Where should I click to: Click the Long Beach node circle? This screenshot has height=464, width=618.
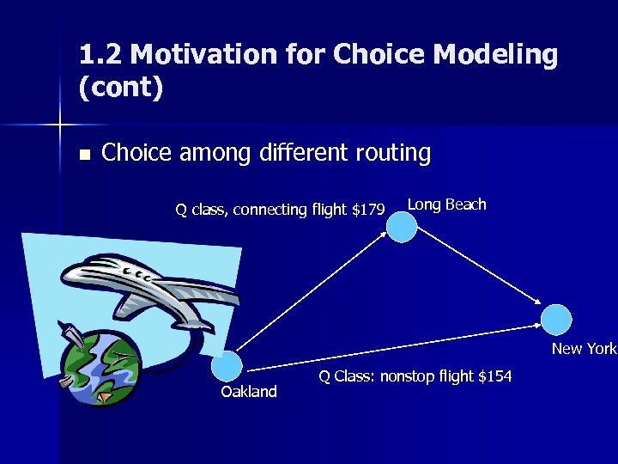401,226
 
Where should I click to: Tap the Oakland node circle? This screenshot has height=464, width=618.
227,367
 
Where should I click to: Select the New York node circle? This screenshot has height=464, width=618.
556,320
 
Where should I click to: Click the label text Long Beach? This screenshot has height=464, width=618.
446,205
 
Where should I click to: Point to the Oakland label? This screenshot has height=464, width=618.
249,392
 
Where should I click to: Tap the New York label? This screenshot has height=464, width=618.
584,348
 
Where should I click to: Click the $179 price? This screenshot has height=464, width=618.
368,209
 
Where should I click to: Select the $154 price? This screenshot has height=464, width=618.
494,375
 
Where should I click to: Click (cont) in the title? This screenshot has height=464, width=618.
120,87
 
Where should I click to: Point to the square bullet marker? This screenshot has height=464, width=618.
83,156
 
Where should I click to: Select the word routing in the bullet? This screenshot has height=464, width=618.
391,153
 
